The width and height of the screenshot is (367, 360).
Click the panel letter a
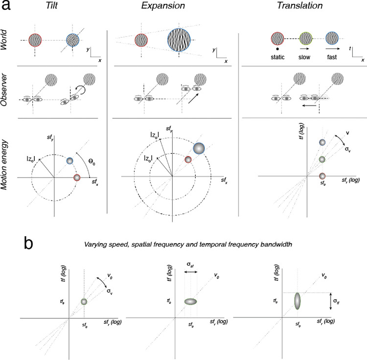click(x=7, y=7)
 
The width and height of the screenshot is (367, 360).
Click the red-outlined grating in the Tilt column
click(x=35, y=40)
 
